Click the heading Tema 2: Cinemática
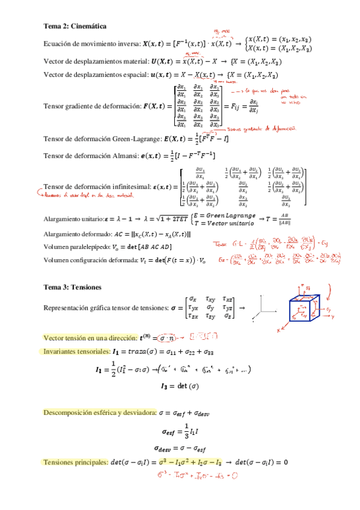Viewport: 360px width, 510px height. [75, 26]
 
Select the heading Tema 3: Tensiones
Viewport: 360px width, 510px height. [72, 287]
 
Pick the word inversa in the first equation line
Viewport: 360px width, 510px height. [126, 44]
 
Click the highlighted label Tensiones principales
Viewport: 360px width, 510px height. [75, 462]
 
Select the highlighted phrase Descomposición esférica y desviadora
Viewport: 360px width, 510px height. [99, 413]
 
